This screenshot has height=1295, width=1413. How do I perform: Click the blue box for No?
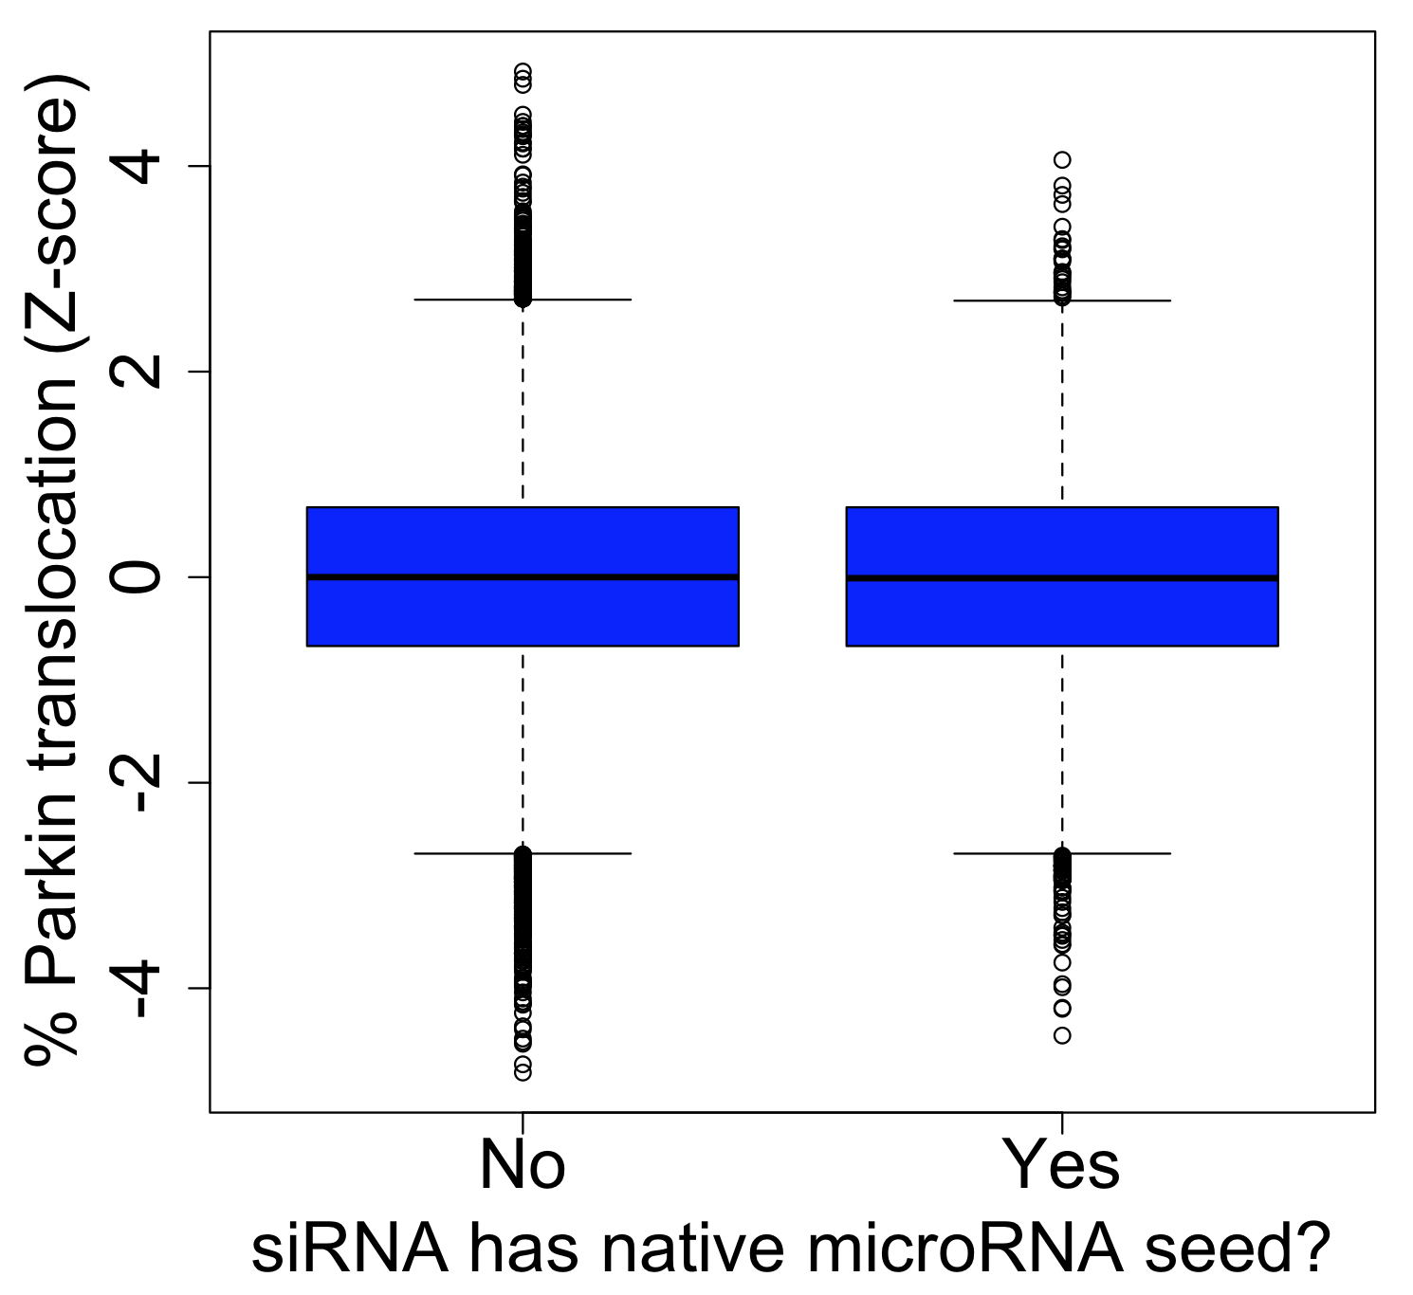523,576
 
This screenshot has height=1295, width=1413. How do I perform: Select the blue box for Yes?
1062,576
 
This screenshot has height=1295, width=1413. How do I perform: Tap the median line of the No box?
523,576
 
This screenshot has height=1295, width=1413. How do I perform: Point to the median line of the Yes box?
1062,577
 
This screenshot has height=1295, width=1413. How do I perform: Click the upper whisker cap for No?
523,300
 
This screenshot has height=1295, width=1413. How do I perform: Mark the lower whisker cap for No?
523,853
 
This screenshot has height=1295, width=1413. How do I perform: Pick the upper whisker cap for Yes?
1062,301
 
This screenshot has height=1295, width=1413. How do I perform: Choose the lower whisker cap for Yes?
1062,853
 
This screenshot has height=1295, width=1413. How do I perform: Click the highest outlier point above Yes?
1062,160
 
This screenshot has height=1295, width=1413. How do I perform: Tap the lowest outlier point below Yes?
1062,1035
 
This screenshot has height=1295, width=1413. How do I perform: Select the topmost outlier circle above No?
523,71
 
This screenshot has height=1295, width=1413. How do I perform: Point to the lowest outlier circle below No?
523,1072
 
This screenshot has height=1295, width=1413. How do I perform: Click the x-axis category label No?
523,1165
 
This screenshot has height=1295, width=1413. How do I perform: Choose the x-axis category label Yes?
1061,1165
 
